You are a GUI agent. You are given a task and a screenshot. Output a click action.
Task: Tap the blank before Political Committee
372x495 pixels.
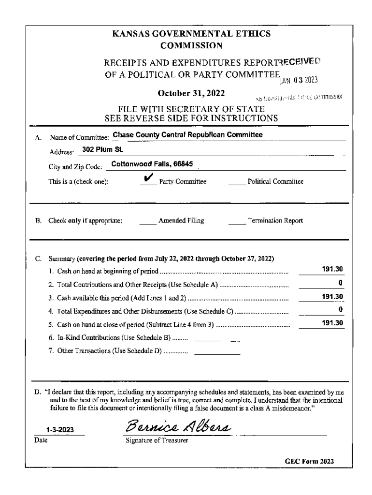237,183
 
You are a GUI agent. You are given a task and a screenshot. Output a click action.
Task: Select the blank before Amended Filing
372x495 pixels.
147,222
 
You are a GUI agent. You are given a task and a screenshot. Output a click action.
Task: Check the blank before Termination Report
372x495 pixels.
237,222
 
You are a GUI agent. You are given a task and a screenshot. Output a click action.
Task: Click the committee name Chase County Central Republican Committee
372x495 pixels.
187,135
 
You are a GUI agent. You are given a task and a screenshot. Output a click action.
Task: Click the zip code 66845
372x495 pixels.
182,164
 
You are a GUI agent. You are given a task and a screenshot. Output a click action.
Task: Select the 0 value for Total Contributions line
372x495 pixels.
341,282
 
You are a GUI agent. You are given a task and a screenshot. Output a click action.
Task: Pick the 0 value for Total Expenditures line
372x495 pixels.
341,309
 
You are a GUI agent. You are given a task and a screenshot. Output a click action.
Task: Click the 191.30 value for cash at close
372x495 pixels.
333,322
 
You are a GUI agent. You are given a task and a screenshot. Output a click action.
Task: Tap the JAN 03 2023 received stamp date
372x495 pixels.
303,80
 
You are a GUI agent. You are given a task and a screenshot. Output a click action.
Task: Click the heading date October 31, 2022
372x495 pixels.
191,92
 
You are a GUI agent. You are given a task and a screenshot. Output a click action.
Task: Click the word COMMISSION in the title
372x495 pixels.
191,46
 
